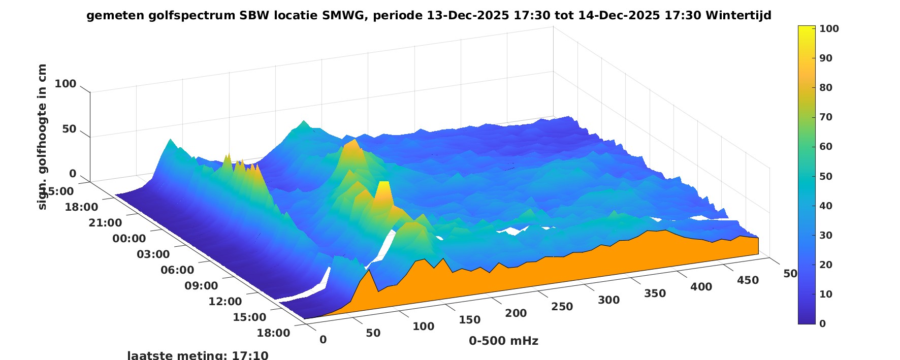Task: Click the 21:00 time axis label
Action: pos(106,223)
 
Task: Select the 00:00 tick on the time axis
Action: pos(129,239)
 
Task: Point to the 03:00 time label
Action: pos(153,254)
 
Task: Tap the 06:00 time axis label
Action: pos(177,270)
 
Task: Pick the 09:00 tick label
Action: pos(201,286)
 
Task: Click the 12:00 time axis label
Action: pos(225,302)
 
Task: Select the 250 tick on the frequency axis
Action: pos(562,307)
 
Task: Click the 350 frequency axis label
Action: pos(655,293)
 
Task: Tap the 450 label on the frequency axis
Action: pos(748,280)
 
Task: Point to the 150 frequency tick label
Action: pos(469,320)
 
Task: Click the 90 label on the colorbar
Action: pos(826,58)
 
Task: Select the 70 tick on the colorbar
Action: pos(826,117)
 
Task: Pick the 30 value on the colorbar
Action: pos(826,235)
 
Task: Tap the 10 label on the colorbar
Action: pos(826,294)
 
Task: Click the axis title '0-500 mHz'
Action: pos(503,341)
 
